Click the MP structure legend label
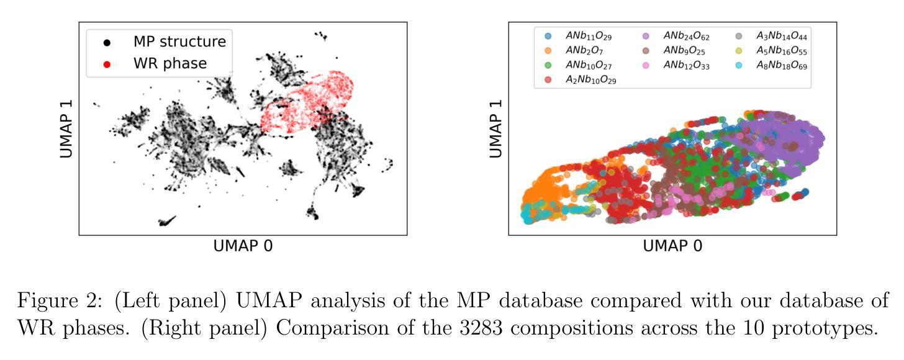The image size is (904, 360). click(x=179, y=42)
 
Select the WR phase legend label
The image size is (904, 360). click(x=170, y=63)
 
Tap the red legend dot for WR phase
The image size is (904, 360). click(x=107, y=64)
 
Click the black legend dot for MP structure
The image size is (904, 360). click(x=107, y=43)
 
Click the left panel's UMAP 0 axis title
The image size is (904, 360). click(x=243, y=246)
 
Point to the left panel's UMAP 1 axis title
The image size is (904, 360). click(x=66, y=128)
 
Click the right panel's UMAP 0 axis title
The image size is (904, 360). click(x=672, y=246)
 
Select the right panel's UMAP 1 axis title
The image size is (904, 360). click(x=496, y=128)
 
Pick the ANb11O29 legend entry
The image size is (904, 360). click(x=590, y=37)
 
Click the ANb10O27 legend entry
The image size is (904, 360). click(x=590, y=65)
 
